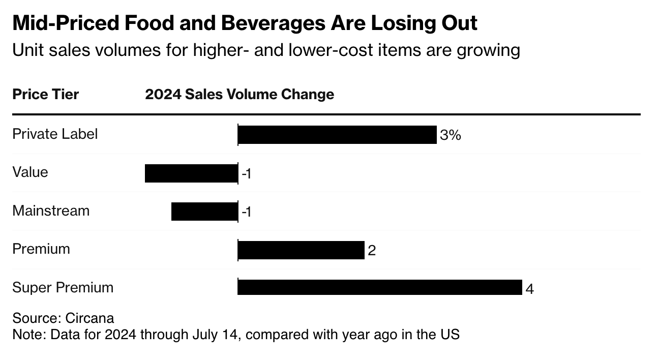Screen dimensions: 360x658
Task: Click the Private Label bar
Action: tap(337, 135)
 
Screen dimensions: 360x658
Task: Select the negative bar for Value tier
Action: tap(191, 173)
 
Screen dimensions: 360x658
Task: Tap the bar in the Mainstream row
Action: tap(204, 212)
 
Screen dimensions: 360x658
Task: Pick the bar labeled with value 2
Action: tap(301, 250)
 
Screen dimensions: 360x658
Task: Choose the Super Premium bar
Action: tap(380, 288)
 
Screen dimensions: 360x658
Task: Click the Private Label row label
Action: tap(55, 134)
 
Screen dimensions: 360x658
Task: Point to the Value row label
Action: tap(30, 172)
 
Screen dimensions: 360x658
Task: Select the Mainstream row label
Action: tap(51, 211)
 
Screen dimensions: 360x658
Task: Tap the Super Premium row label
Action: tap(63, 287)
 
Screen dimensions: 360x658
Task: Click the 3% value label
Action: tap(451, 135)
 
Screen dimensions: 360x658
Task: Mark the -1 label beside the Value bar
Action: tap(247, 174)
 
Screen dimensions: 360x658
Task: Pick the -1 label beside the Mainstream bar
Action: tap(247, 212)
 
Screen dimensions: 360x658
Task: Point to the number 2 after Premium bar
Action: tap(372, 251)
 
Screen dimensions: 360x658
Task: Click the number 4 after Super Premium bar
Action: tap(529, 289)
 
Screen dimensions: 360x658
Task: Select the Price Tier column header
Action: tap(46, 95)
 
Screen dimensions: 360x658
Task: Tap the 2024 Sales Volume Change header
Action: tap(240, 95)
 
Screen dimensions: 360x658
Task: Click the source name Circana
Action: tap(89, 318)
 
